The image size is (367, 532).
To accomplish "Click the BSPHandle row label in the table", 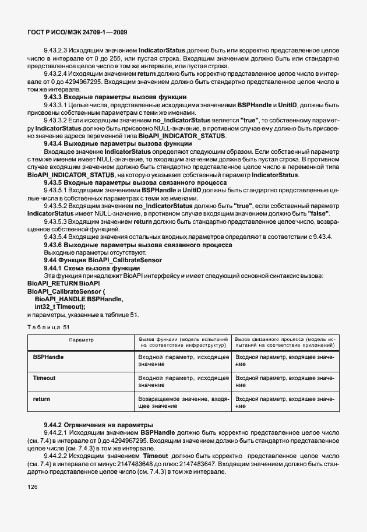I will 48,355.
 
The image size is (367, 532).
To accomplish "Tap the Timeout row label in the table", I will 44,378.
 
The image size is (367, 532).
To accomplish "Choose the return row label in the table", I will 41,399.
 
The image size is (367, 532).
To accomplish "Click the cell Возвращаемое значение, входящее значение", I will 182,403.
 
